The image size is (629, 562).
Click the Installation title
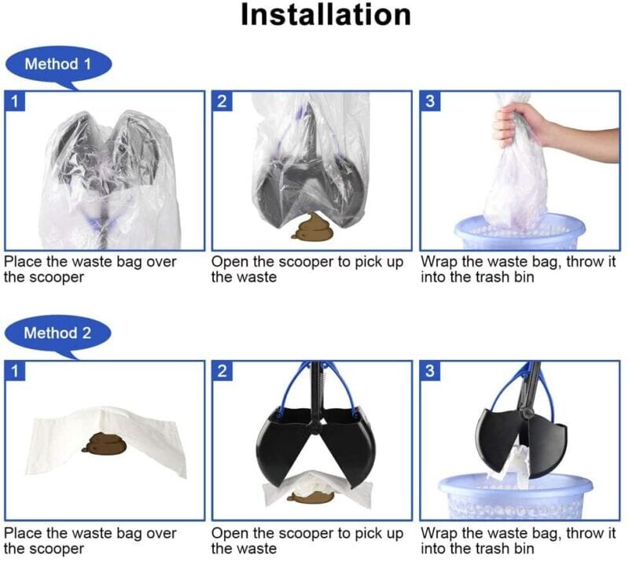coord(325,15)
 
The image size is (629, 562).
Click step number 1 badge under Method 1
coord(13,101)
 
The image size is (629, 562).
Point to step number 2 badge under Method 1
coord(222,101)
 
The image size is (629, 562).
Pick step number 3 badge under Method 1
coord(429,101)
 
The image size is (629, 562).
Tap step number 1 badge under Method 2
coord(13,371)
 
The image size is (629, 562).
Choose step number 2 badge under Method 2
coord(222,371)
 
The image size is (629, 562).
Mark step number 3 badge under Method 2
coord(429,371)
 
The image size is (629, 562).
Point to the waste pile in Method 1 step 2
coord(311,227)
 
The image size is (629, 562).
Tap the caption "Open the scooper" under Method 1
coord(307,269)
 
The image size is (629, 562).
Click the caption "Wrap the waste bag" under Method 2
coord(518,541)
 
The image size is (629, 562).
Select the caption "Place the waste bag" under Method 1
coord(90,269)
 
